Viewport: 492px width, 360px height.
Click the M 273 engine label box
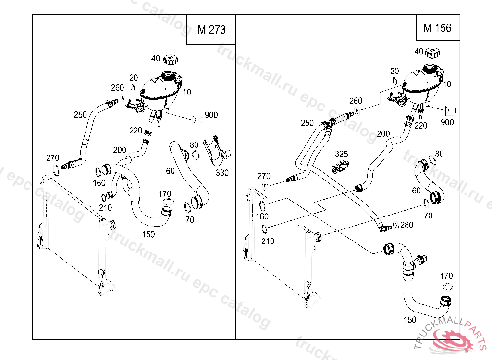pos(211,30)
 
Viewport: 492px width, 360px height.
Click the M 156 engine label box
pos(437,28)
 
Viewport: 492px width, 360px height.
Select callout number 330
pos(222,173)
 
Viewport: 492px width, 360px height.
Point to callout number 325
pos(341,155)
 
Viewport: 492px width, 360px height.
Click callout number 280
pos(406,225)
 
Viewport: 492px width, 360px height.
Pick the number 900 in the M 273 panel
pos(211,115)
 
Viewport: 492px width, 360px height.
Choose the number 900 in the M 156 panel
pos(447,122)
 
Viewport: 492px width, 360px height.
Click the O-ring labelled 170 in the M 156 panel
pos(447,287)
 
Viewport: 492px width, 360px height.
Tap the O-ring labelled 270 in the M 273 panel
pos(56,169)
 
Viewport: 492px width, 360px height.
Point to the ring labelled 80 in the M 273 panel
pos(196,155)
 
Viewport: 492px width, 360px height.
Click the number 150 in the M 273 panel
pos(148,234)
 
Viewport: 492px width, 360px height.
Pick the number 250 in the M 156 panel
pos(307,123)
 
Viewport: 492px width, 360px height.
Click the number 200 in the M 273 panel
pos(120,150)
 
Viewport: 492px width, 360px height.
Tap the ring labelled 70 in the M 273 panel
pos(186,207)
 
